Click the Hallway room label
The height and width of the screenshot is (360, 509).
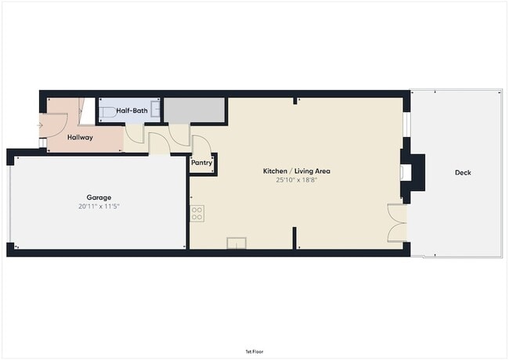[x=80, y=138]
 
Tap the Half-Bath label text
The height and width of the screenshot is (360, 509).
[x=132, y=111]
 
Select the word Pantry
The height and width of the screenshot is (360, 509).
[x=201, y=163]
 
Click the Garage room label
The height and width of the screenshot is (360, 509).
[x=99, y=197]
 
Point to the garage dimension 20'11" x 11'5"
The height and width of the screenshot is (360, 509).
[x=99, y=207]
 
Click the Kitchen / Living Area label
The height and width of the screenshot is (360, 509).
[x=296, y=171]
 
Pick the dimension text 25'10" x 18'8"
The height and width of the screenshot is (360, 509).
[x=296, y=179]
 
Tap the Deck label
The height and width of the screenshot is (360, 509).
[x=463, y=172]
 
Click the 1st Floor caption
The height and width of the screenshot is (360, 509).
[x=254, y=352]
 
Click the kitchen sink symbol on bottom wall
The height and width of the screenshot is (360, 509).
[x=236, y=243]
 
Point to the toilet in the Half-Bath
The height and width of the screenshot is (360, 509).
[x=107, y=110]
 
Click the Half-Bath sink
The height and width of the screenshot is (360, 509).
[x=157, y=111]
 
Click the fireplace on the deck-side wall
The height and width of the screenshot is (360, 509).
[x=412, y=174]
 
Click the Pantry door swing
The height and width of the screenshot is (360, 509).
[x=200, y=146]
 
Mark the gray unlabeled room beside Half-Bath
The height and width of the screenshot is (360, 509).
[x=194, y=110]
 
